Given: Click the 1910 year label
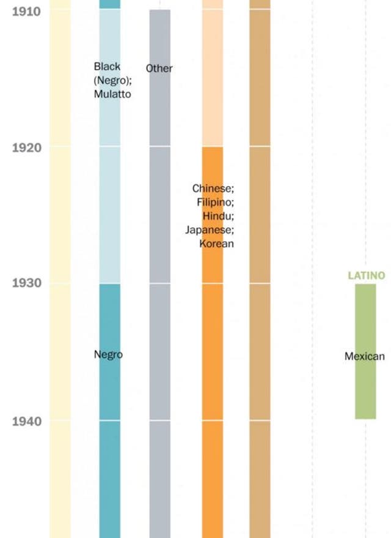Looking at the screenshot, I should (x=26, y=11).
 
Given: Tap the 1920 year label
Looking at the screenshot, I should (x=26, y=148).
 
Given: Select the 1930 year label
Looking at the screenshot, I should (x=26, y=283).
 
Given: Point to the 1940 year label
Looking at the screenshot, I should (x=26, y=421).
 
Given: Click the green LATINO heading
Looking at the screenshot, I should (x=367, y=276).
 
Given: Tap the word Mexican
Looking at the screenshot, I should (x=365, y=356).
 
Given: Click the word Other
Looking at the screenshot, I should (x=159, y=69).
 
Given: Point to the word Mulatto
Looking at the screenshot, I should (x=112, y=94).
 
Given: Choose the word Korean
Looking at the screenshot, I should (x=216, y=244).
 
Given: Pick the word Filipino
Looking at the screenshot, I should (x=215, y=202).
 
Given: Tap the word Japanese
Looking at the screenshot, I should (x=210, y=230).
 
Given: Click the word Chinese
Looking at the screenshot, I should (x=213, y=189).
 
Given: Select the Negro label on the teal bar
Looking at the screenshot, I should (x=108, y=354).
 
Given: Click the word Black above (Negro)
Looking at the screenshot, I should (x=107, y=66).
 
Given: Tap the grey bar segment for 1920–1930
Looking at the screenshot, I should (x=160, y=214).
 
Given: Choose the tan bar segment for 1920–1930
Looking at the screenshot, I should (x=260, y=214).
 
